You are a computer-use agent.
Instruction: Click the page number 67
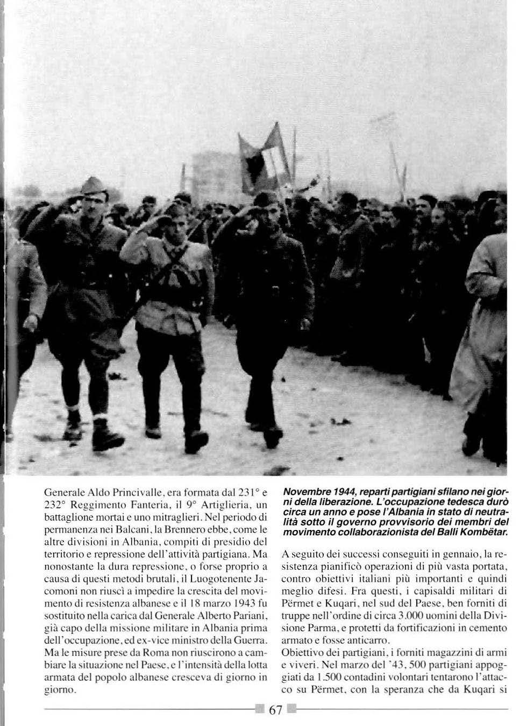click(x=275, y=709)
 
